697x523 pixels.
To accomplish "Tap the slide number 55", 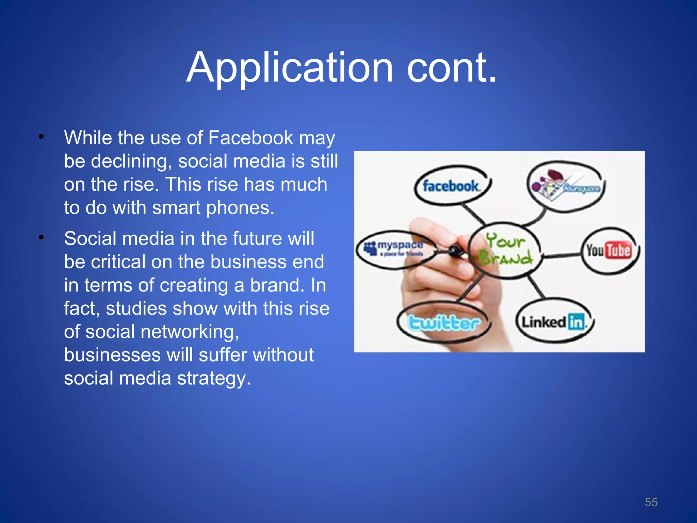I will tap(651, 502).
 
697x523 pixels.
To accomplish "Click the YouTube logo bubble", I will tap(609, 251).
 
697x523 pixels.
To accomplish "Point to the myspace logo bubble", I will tap(395, 249).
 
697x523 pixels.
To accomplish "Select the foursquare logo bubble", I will tap(567, 186).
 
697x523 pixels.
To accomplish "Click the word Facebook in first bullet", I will tap(250, 138).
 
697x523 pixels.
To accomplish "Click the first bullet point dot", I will tap(41, 137).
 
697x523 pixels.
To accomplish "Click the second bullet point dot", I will tap(41, 238).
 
